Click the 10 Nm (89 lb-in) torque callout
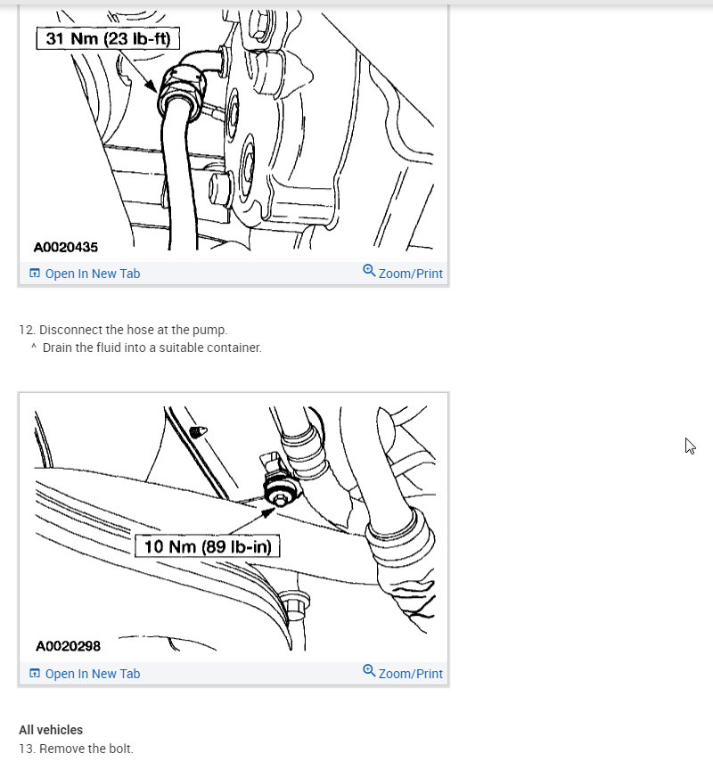(x=207, y=545)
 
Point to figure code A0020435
(x=67, y=247)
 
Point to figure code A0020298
(x=67, y=646)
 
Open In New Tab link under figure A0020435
(x=92, y=274)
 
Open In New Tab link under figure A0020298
(x=92, y=674)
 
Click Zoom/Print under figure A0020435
(x=410, y=274)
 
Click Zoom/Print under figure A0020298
(x=410, y=674)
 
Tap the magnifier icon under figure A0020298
(x=369, y=671)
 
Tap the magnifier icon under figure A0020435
(x=369, y=271)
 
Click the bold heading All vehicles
(x=51, y=730)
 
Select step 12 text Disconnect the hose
(x=133, y=330)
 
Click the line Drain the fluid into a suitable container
(x=152, y=348)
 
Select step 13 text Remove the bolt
(x=86, y=749)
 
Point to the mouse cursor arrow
(x=690, y=446)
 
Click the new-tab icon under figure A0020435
(x=35, y=274)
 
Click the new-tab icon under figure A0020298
(x=35, y=674)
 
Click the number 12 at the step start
(x=26, y=330)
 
